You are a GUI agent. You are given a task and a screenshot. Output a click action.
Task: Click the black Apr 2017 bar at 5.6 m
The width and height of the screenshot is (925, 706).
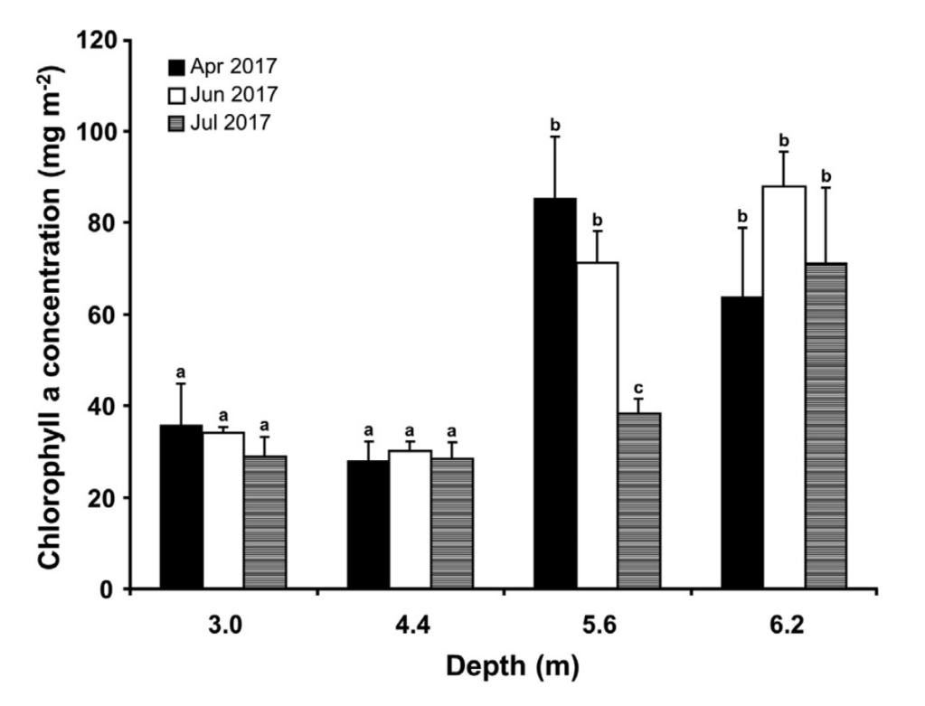555,393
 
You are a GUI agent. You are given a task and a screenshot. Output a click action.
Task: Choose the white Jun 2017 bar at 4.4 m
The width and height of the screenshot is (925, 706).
410,520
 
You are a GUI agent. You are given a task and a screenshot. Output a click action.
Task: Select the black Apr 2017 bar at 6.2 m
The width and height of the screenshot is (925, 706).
741,443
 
